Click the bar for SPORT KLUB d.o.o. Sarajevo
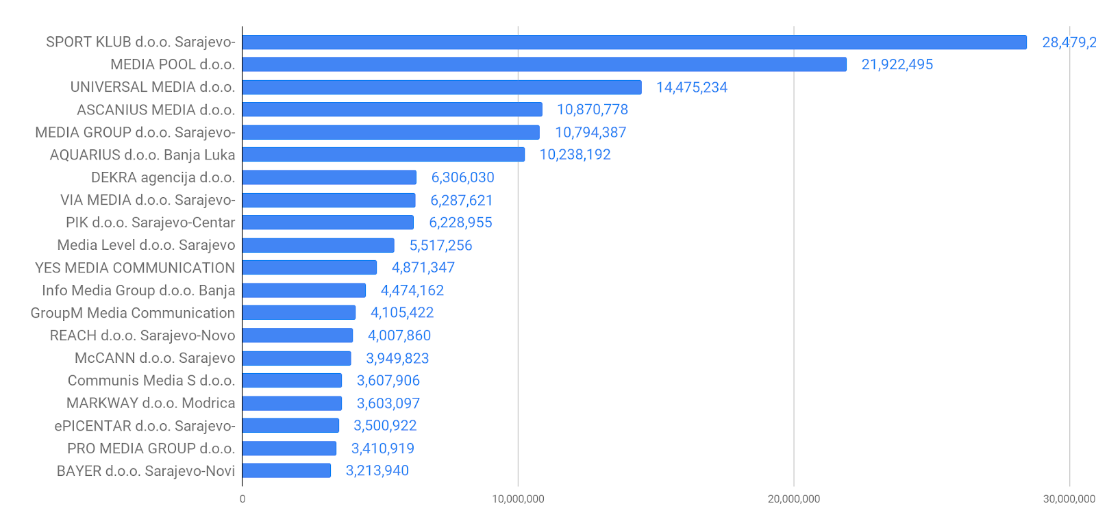634,42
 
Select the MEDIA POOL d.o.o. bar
544,64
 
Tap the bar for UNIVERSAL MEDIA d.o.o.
442,88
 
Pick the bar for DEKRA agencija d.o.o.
329,177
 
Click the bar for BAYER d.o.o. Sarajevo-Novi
286,470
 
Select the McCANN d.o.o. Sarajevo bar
297,358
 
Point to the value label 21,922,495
897,64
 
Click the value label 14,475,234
691,88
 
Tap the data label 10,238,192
575,155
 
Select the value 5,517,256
440,245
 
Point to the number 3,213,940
377,470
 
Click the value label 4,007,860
399,335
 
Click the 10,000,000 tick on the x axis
518,499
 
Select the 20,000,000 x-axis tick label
793,499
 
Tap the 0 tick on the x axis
242,499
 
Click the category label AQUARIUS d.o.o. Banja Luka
142,155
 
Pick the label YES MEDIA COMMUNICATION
135,268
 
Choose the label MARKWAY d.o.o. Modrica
151,403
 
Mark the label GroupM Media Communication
133,313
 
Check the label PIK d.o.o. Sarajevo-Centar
150,223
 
